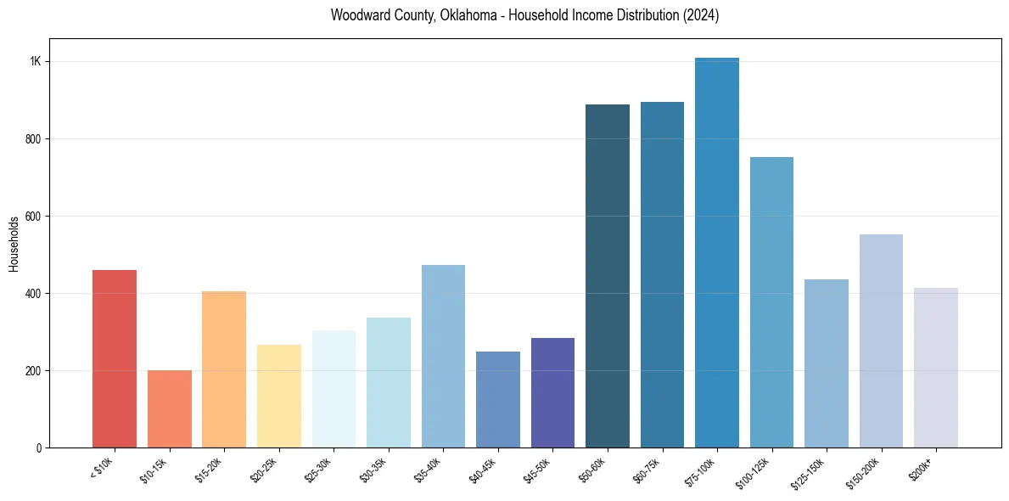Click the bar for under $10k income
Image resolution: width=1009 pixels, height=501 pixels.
tap(115, 358)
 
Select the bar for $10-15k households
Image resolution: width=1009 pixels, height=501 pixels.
tap(169, 408)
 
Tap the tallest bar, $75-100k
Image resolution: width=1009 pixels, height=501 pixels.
tap(716, 252)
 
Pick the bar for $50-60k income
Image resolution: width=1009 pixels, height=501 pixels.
tap(607, 276)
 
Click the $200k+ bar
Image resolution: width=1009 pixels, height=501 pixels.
tap(935, 368)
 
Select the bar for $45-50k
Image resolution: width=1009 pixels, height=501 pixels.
tap(552, 392)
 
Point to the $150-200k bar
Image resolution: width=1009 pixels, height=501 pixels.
tap(881, 341)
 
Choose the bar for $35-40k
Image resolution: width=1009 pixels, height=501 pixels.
tap(443, 356)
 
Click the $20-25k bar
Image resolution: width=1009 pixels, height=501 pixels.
tap(278, 396)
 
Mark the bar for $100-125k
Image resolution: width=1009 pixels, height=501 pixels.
tap(771, 302)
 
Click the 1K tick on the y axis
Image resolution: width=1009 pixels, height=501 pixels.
tap(36, 62)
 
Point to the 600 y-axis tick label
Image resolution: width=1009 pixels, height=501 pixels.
tap(33, 217)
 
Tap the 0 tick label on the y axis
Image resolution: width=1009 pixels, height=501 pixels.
tap(39, 448)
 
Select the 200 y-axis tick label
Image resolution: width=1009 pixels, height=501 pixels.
tap(33, 371)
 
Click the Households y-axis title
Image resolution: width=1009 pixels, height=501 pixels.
tap(14, 244)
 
